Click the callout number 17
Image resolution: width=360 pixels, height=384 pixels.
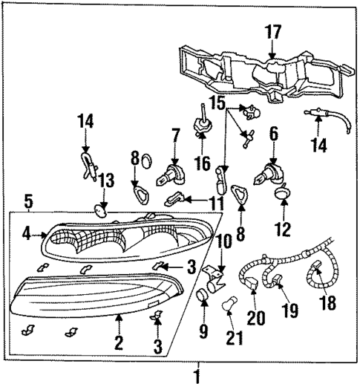click(x=272, y=32)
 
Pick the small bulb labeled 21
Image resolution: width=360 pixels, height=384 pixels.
click(x=232, y=306)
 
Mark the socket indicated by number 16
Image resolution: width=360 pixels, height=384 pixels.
click(x=200, y=126)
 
